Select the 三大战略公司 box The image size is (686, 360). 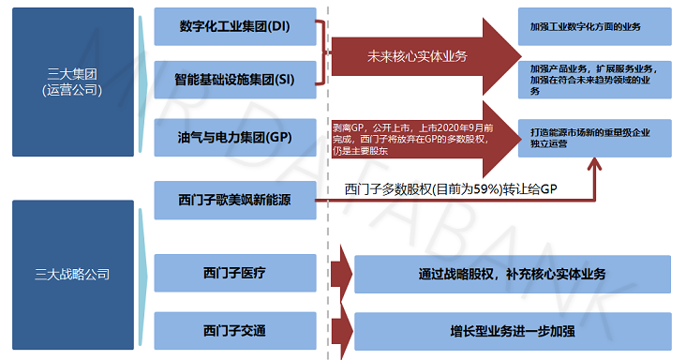point(71,274)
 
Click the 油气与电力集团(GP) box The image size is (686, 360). point(234,137)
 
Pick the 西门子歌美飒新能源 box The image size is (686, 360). point(234,200)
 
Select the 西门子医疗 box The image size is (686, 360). point(234,274)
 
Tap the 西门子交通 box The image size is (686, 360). point(234,330)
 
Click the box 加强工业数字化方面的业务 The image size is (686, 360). point(597,26)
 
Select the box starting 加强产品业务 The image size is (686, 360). point(597,79)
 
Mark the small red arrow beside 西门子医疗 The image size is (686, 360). point(341,274)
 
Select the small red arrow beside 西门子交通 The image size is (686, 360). point(341,330)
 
